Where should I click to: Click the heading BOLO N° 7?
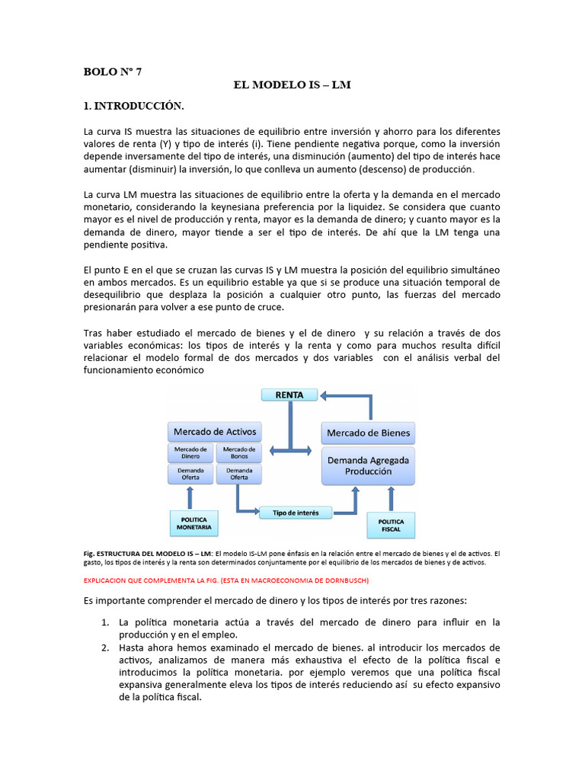click(112, 72)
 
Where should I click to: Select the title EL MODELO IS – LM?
click(292, 85)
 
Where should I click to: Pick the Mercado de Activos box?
click(214, 432)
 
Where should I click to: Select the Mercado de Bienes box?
click(369, 433)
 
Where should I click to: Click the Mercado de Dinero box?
click(190, 452)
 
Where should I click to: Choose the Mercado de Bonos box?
click(239, 452)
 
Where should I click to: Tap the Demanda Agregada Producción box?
click(369, 465)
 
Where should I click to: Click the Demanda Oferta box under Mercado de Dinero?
click(190, 474)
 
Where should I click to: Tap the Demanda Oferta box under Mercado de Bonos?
click(239, 474)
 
